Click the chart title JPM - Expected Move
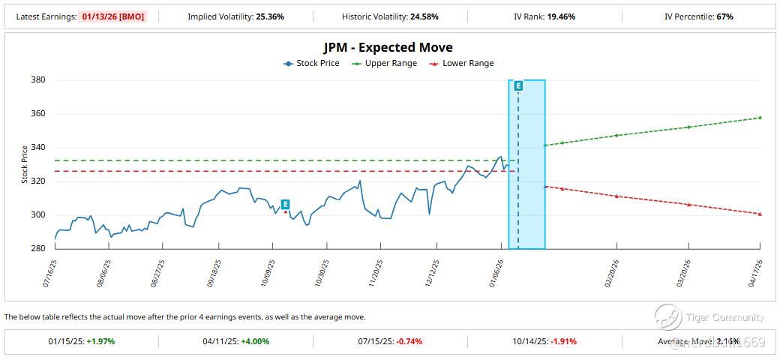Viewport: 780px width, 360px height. (x=388, y=48)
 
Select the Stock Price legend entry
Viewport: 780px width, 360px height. (x=311, y=64)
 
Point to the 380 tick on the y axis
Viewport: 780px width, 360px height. (x=37, y=80)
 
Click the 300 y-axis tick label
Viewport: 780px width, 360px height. (x=37, y=215)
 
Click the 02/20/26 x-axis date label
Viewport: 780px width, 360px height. (x=611, y=271)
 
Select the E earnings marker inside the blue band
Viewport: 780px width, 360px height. (x=518, y=86)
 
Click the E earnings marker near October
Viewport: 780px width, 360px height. (x=285, y=204)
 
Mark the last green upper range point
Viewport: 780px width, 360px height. (x=760, y=118)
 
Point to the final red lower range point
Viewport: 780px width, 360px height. (x=760, y=214)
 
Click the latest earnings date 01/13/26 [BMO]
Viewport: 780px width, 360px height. (x=118, y=16)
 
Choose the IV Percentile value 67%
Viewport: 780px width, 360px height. (x=724, y=16)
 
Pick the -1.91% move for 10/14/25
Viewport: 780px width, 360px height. (x=563, y=341)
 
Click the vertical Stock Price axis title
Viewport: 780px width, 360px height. (x=24, y=164)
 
